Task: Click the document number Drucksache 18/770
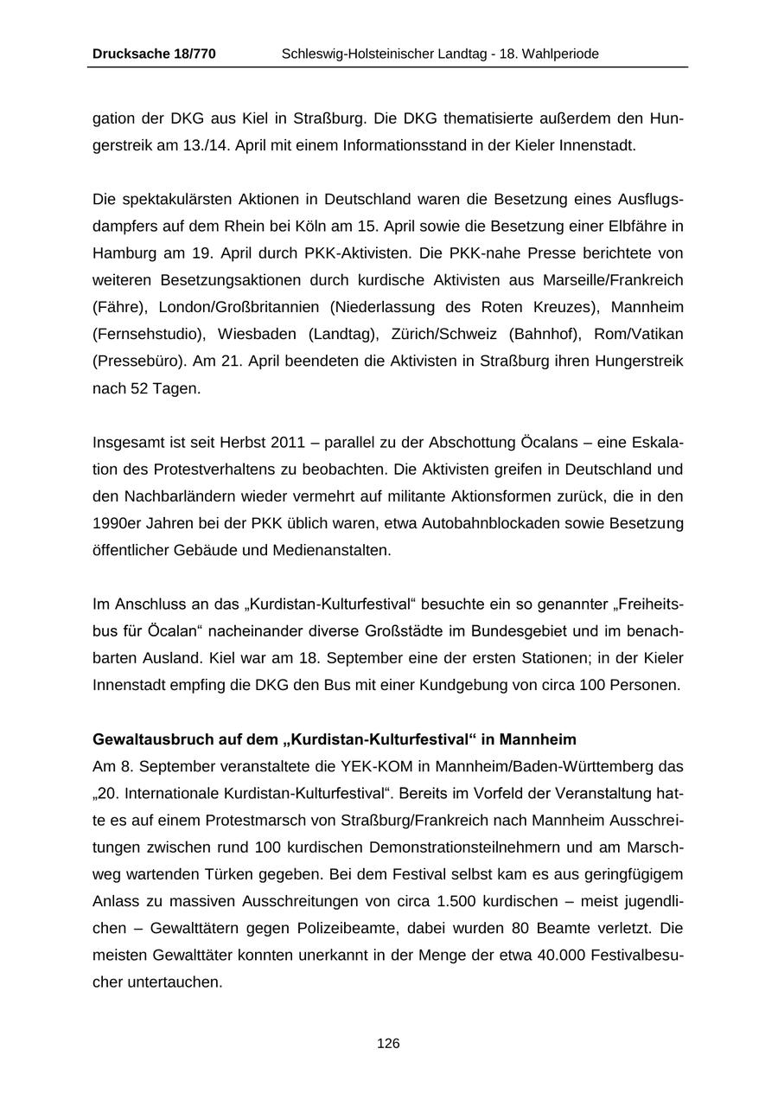coord(154,54)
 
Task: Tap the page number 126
coord(388,1044)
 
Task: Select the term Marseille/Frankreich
coord(613,280)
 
